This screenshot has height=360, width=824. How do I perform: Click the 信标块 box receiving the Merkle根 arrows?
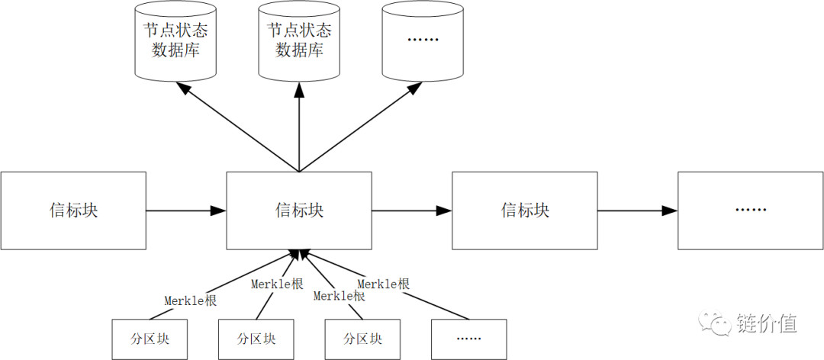[x=299, y=211]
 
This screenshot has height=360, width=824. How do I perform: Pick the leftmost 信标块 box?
[x=73, y=211]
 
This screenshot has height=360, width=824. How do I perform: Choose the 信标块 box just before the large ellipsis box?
[x=525, y=211]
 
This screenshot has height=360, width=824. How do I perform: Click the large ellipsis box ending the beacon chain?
[x=750, y=211]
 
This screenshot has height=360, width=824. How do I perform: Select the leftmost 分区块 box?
[x=150, y=339]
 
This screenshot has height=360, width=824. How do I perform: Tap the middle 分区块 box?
[x=256, y=339]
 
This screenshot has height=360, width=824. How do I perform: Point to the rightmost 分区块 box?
[x=362, y=339]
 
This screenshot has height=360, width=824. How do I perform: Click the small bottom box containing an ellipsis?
[x=468, y=339]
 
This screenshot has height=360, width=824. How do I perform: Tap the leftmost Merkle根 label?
[x=191, y=301]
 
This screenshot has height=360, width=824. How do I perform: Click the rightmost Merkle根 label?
[x=384, y=284]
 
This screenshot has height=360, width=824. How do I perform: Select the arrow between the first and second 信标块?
[x=186, y=211]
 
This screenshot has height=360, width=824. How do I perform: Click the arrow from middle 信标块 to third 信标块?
[x=412, y=211]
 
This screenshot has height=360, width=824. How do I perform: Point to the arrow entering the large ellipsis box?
[x=638, y=211]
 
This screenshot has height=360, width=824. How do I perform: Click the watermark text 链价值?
[x=767, y=323]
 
